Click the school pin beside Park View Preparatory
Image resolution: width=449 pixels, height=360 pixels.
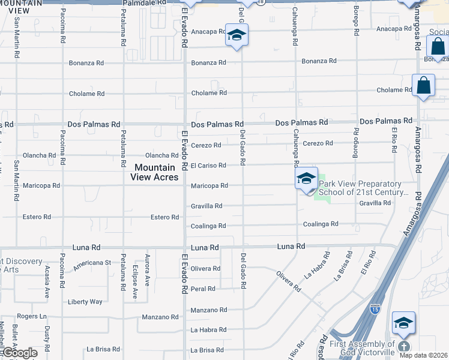pos(306,178)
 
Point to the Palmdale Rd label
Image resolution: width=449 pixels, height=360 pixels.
pos(144,3)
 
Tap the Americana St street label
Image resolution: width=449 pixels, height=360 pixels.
pos(92,263)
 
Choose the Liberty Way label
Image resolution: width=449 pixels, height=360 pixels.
pos(85,302)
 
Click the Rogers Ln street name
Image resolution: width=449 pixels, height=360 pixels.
pos(31,316)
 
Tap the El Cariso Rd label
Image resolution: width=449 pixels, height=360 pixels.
pos(208,166)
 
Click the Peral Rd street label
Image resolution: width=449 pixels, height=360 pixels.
pos(203,289)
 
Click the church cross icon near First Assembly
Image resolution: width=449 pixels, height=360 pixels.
pos(404,346)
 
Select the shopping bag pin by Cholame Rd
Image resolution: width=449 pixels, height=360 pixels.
pos(423,86)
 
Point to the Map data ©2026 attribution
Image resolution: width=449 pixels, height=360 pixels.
pos(423,355)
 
